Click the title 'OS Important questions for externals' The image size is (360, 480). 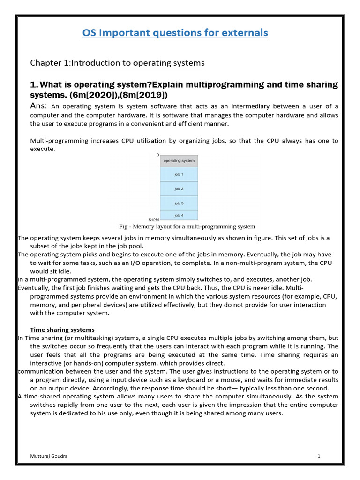175,33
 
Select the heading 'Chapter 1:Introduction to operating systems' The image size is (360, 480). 117,63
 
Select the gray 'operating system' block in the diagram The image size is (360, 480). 179,160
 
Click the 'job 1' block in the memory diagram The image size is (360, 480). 179,174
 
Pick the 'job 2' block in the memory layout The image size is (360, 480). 179,189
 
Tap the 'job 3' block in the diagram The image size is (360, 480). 179,203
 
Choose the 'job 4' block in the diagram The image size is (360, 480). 179,215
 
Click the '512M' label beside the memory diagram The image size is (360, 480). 154,219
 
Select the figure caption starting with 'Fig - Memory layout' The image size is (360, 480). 187,226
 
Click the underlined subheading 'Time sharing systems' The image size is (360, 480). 62,330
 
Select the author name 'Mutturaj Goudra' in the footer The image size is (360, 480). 49,456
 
